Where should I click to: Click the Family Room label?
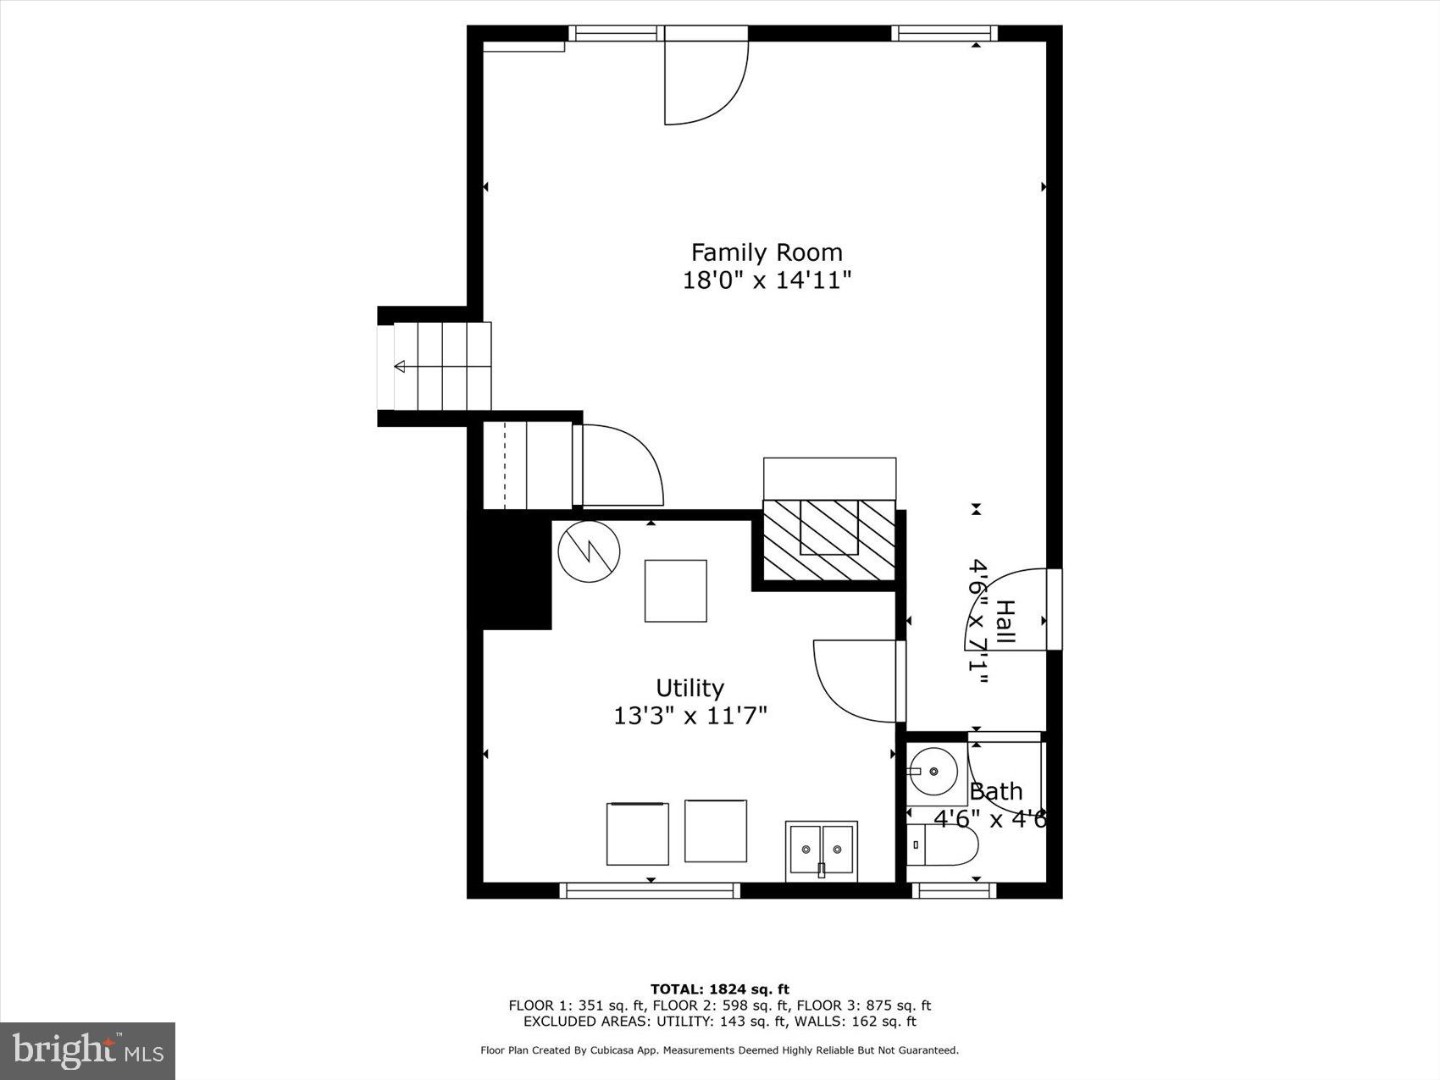(767, 252)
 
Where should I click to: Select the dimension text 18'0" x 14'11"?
(767, 280)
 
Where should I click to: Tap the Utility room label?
(690, 688)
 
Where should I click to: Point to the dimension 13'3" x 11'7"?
(690, 717)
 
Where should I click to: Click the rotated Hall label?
(1005, 622)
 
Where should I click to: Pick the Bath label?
(995, 792)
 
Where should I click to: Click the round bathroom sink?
(933, 772)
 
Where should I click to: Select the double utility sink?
(821, 850)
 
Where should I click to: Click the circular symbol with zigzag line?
(589, 551)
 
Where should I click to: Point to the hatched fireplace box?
(829, 540)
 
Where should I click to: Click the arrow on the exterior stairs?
(400, 366)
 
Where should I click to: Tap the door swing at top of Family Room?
(705, 80)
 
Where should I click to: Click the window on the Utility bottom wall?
(650, 890)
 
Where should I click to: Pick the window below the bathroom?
(954, 890)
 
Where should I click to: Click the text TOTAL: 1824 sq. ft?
(719, 989)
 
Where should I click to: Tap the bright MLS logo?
(88, 1051)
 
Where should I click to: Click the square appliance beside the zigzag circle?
(675, 590)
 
